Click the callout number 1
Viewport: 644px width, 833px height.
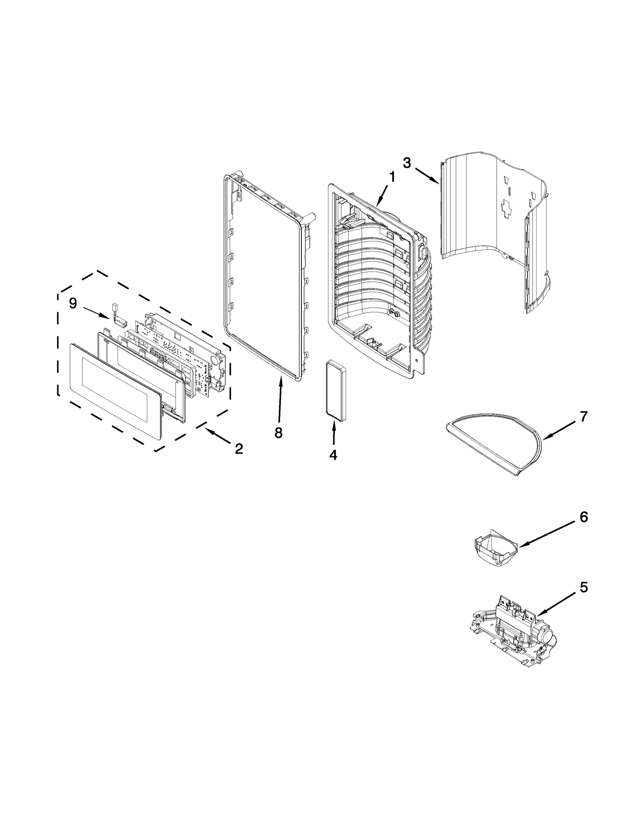(x=392, y=178)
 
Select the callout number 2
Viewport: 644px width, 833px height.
(x=239, y=448)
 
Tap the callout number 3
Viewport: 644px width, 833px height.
(x=407, y=163)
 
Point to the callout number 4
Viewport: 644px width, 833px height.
(x=333, y=455)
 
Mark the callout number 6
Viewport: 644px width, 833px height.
(x=584, y=517)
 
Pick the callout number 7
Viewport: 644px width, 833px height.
(x=584, y=416)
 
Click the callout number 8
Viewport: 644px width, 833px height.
(x=278, y=433)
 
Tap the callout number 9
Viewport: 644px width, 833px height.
(x=73, y=303)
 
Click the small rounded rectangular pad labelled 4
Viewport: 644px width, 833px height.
(x=336, y=391)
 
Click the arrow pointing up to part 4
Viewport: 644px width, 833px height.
(x=334, y=434)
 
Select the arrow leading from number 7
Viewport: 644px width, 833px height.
(x=560, y=430)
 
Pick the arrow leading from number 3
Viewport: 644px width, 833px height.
(x=427, y=176)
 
